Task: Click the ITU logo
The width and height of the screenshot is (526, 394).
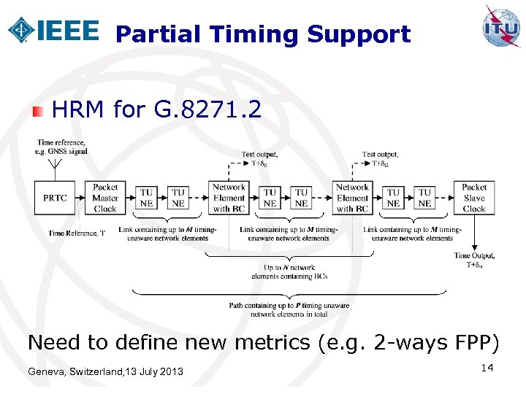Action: [501, 27]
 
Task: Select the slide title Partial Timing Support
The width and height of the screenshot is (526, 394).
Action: [263, 34]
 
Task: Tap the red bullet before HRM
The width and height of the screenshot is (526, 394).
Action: [39, 111]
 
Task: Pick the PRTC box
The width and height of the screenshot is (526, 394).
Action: [56, 198]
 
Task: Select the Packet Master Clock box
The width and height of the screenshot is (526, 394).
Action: [105, 198]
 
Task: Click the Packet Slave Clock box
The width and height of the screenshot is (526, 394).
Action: [473, 198]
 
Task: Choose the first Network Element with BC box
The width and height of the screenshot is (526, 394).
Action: [228, 198]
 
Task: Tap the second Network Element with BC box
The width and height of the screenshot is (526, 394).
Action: [352, 198]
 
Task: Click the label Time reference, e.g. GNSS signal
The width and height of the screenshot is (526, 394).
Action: [61, 147]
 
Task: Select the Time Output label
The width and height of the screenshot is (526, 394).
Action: [474, 260]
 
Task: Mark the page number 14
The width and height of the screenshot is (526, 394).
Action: [488, 368]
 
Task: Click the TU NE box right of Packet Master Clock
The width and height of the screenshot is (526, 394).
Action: [146, 198]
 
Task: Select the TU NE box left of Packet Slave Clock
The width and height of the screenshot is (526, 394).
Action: [424, 198]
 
